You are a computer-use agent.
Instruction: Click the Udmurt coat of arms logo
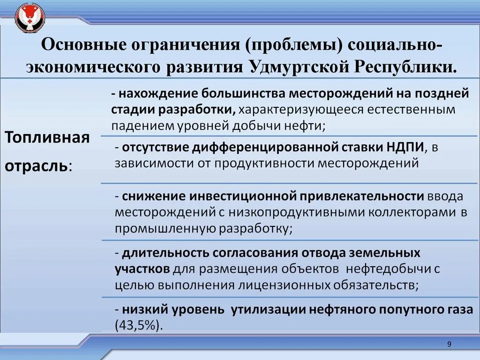(30, 18)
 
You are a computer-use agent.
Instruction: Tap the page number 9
(449, 345)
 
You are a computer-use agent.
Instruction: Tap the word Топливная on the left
(47, 138)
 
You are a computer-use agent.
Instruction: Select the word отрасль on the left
(37, 166)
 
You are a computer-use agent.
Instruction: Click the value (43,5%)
(139, 325)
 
